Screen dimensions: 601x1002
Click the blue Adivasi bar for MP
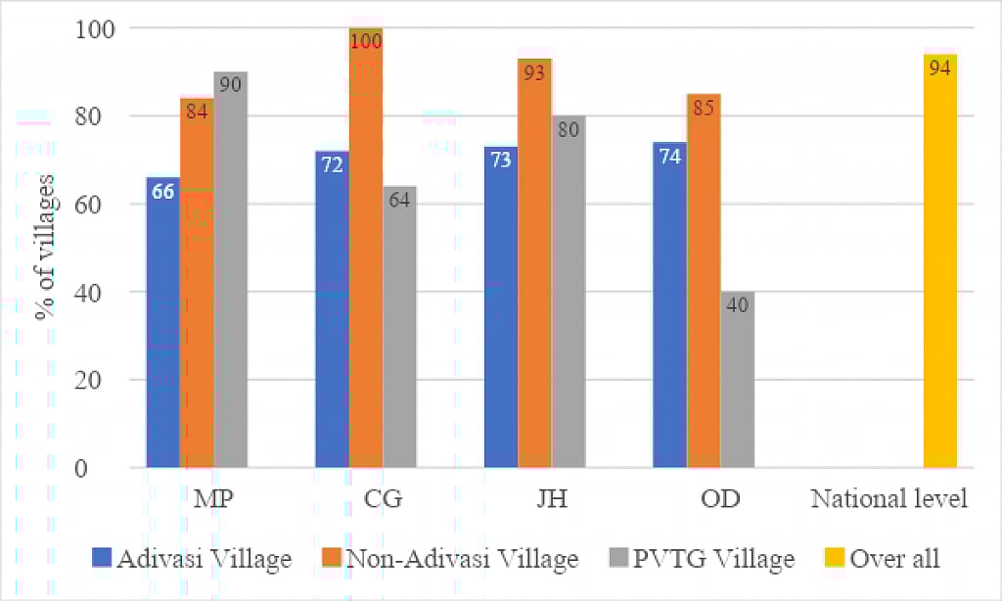162,323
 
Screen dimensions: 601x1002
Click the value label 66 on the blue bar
162,192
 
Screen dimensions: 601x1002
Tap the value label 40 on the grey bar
738,304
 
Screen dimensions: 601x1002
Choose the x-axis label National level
888,499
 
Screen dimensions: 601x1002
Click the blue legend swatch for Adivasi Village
102,559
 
